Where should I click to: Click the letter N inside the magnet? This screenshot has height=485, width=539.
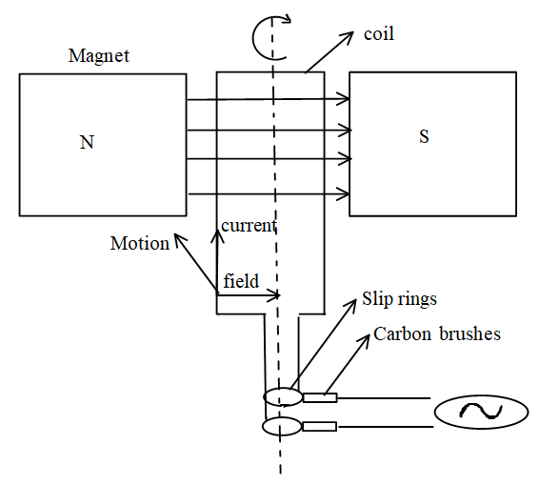click(87, 142)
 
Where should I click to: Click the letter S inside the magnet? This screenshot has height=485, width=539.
click(424, 136)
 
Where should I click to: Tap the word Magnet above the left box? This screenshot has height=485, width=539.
click(99, 55)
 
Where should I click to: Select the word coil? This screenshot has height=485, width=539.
click(379, 34)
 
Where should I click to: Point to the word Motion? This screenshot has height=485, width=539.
click(140, 243)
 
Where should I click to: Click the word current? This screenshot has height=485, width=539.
click(249, 226)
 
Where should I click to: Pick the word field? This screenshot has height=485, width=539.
click(241, 281)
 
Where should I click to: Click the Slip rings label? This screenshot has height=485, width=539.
click(399, 298)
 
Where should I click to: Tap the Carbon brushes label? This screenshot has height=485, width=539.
click(437, 333)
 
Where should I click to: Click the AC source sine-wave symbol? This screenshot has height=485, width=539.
click(481, 412)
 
